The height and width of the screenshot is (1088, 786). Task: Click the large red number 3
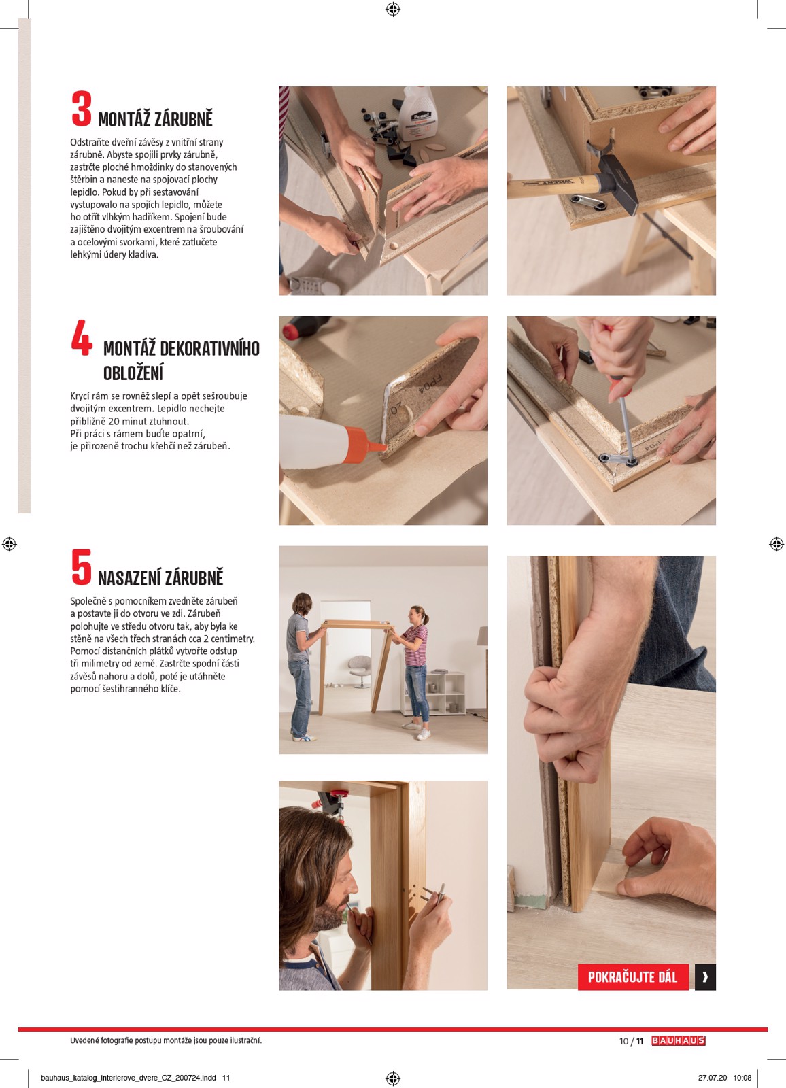coord(81,110)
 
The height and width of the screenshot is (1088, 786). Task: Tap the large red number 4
coord(81,338)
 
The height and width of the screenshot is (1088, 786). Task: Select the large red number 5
coord(81,567)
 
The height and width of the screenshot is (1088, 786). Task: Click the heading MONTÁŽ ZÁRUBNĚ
coord(155,120)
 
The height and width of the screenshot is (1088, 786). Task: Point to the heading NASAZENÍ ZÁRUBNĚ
coord(160,579)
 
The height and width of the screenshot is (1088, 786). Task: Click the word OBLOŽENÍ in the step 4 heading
coord(133,373)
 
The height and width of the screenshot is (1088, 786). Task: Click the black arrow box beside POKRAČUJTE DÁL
coord(705,977)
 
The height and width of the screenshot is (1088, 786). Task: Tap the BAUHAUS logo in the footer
coord(678,1041)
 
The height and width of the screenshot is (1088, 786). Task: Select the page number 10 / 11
coord(631,1041)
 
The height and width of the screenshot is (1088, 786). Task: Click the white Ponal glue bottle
coord(420,114)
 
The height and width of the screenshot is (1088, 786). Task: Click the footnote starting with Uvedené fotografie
coord(165,1041)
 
